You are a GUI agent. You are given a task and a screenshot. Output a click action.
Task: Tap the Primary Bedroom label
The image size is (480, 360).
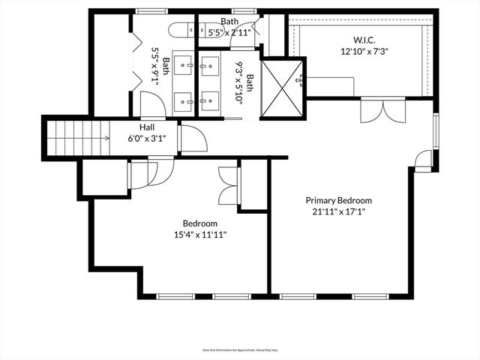338,200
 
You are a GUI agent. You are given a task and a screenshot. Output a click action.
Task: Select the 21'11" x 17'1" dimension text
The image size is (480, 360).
338,211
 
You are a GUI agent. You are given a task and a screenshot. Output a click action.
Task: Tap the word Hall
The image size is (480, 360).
146,127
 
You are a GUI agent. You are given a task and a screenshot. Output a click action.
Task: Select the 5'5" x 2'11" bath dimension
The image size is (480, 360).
229,33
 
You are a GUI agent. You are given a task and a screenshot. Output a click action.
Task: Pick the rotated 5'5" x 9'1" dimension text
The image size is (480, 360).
157,66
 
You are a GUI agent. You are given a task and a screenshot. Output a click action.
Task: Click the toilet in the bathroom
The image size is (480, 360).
178,30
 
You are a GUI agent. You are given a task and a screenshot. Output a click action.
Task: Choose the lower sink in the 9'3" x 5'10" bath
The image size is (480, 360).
210,99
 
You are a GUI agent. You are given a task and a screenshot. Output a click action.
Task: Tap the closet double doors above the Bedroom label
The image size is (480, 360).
228,185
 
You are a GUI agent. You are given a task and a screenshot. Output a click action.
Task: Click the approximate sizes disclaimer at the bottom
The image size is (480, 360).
240,349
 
